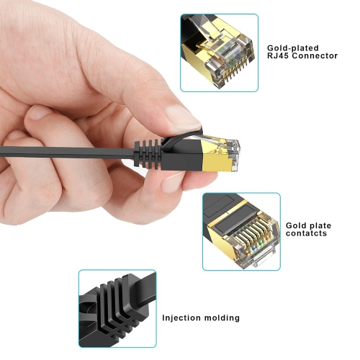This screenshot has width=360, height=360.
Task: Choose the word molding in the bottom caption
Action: click(x=223, y=318)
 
